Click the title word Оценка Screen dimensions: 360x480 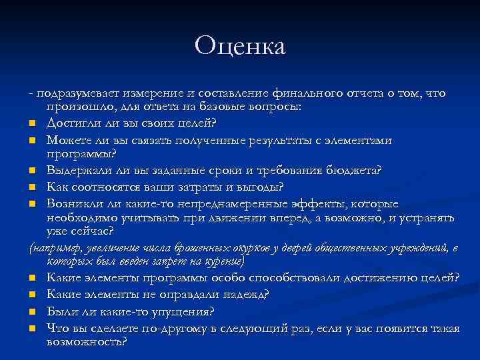click(x=240, y=46)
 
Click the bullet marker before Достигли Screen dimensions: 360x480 click(x=32, y=124)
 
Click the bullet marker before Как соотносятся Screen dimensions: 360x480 click(x=32, y=187)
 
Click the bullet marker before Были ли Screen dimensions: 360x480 click(x=32, y=311)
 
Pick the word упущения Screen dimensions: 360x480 click(x=183, y=310)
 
